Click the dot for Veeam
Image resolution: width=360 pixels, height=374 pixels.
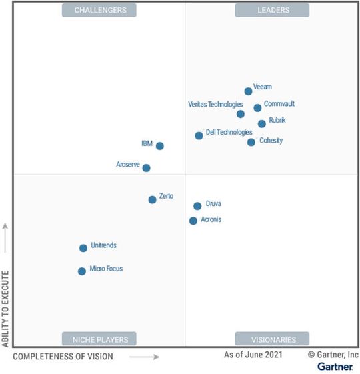pyautogui.click(x=249, y=91)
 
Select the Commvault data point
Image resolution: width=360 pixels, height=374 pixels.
pyautogui.click(x=257, y=108)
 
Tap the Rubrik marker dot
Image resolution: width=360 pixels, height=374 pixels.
pyautogui.click(x=262, y=123)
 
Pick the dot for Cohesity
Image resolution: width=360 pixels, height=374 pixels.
pyautogui.click(x=251, y=142)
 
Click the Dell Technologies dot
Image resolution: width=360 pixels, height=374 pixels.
pyautogui.click(x=199, y=136)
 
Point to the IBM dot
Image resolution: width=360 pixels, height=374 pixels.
pyautogui.click(x=159, y=146)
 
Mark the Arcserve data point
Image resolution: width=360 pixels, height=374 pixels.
pyautogui.click(x=147, y=168)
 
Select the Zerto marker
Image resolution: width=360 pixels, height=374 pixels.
pyautogui.click(x=152, y=199)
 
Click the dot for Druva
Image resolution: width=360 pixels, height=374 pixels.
pyautogui.click(x=197, y=206)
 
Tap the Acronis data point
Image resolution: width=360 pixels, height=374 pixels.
pyautogui.click(x=193, y=221)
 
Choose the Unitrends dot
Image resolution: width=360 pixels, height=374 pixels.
pyautogui.click(x=83, y=248)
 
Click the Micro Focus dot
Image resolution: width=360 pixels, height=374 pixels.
pyautogui.click(x=82, y=271)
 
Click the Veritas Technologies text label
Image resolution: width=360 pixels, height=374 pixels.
pyautogui.click(x=215, y=104)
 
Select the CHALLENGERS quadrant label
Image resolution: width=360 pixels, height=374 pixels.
pyautogui.click(x=99, y=10)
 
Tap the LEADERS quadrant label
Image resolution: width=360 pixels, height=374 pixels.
pyautogui.click(x=272, y=10)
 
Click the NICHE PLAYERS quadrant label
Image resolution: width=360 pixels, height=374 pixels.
pyautogui.click(x=99, y=339)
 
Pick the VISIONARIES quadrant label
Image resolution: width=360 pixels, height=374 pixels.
pyautogui.click(x=272, y=339)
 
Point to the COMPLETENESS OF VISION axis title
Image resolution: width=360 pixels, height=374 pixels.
pyautogui.click(x=63, y=357)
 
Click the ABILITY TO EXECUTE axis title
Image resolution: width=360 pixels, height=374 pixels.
pyautogui.click(x=6, y=308)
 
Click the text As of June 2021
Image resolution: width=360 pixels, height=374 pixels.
pyautogui.click(x=253, y=355)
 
